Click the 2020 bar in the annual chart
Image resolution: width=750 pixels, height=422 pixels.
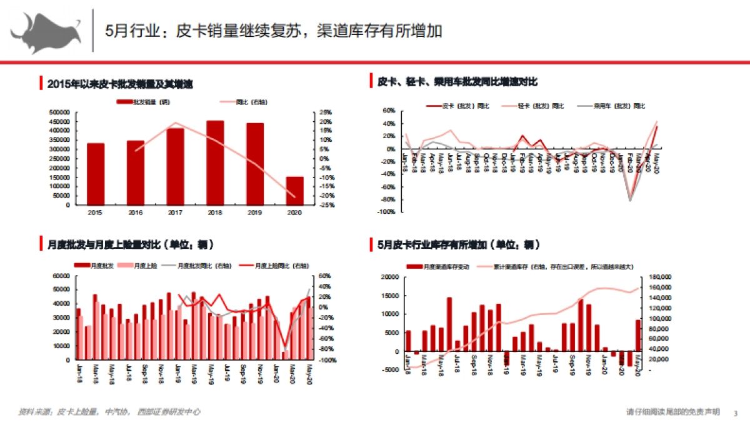pyautogui.click(x=294, y=190)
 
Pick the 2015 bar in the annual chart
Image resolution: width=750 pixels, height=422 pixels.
pyautogui.click(x=96, y=174)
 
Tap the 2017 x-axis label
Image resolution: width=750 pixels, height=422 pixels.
pyautogui.click(x=175, y=213)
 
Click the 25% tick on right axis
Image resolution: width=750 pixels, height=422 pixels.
pyautogui.click(x=326, y=113)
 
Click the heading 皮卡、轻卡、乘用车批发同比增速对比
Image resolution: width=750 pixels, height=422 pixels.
pyautogui.click(x=457, y=82)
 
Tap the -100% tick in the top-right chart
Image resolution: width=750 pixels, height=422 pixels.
pyautogui.click(x=386, y=213)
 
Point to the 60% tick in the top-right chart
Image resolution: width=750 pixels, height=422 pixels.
pyautogui.click(x=388, y=111)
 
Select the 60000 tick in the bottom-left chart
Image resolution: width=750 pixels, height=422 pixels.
pyautogui.click(x=61, y=276)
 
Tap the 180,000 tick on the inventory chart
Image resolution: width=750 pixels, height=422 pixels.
pyautogui.click(x=660, y=277)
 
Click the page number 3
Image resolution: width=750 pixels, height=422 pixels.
pyautogui.click(x=735, y=413)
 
